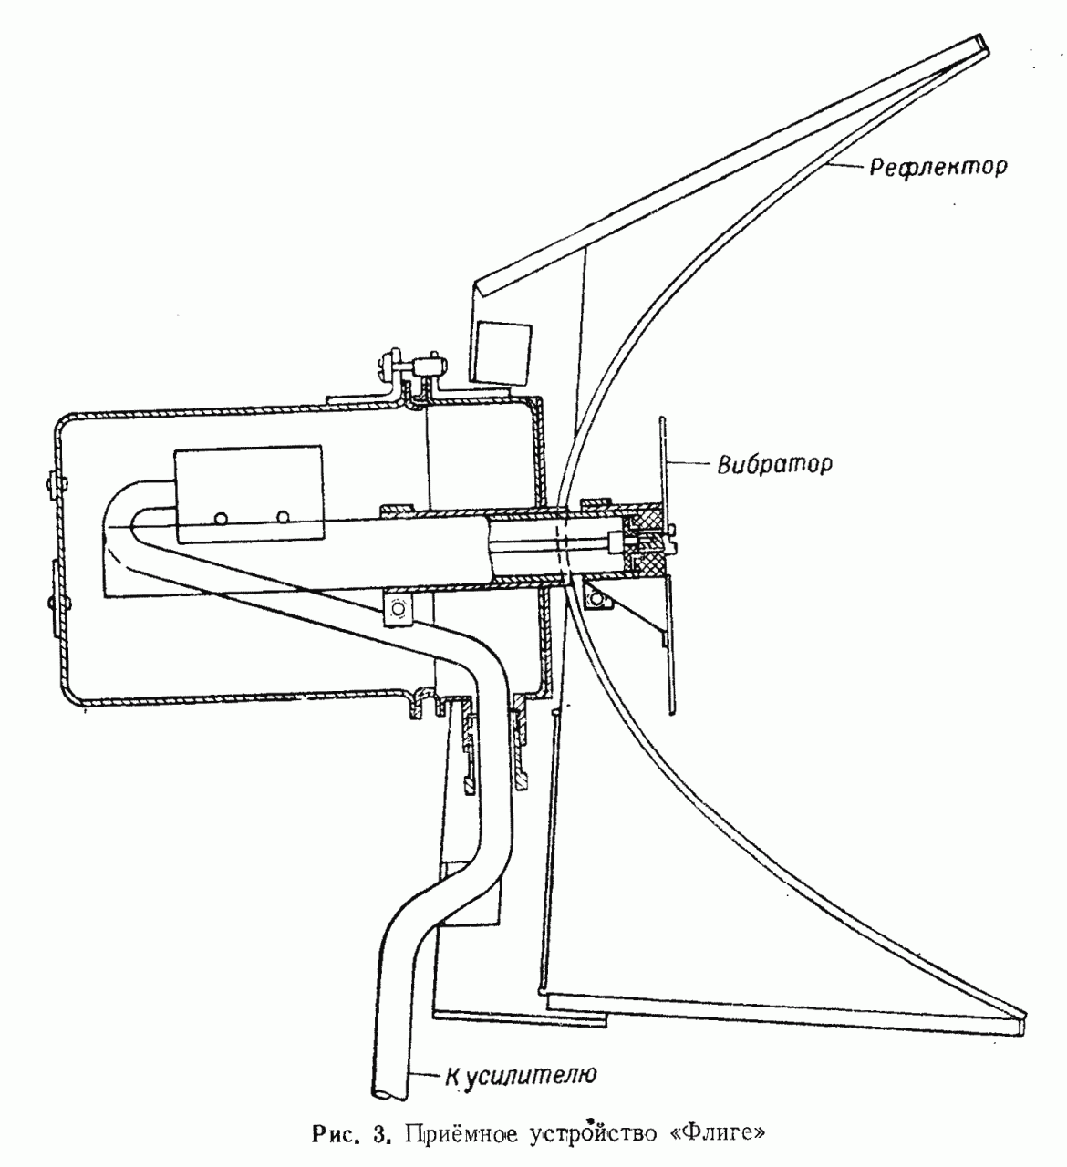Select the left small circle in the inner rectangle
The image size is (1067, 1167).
click(x=222, y=518)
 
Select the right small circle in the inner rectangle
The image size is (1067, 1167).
click(x=285, y=518)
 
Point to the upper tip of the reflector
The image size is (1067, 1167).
click(x=980, y=43)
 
